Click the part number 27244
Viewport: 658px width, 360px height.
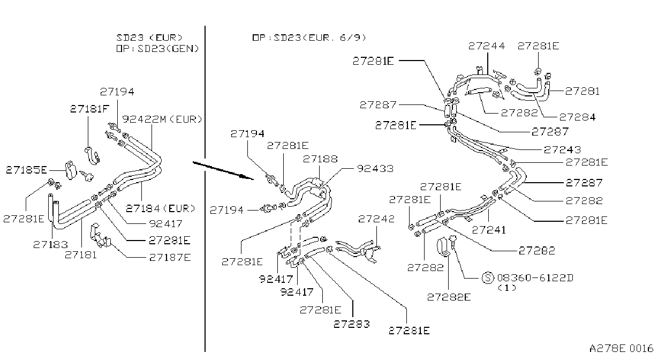click(x=487, y=46)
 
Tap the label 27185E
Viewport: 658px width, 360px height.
click(x=26, y=170)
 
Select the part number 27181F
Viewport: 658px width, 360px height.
click(x=89, y=109)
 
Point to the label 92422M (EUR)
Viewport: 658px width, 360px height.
click(x=162, y=119)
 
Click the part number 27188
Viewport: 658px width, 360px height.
click(x=320, y=159)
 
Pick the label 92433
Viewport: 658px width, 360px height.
click(x=375, y=169)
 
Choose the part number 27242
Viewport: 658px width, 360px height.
click(x=376, y=219)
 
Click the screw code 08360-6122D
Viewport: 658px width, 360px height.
click(x=535, y=277)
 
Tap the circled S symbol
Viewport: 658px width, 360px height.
click(x=488, y=277)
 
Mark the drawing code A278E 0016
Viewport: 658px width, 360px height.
click(x=621, y=349)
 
